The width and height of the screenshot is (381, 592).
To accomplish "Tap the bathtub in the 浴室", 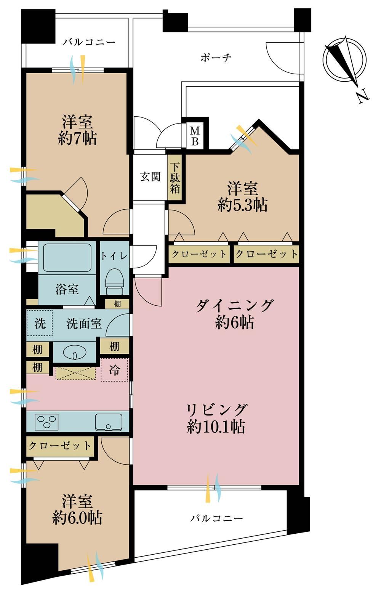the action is click(67, 257).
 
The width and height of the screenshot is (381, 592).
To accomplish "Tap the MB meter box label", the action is click(195, 136).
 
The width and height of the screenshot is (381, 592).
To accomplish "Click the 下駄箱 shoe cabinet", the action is click(174, 178).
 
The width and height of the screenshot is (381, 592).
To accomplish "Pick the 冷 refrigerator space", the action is click(114, 370).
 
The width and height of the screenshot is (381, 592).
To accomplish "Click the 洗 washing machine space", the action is click(40, 323).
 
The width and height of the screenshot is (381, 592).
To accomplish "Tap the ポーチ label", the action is click(216, 57).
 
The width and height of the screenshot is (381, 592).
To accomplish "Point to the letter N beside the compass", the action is click(363, 97).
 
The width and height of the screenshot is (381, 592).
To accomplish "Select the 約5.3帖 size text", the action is click(243, 205).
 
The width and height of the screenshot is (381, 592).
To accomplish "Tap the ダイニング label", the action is click(234, 305).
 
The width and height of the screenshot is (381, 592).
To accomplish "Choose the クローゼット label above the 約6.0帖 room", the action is click(60, 446).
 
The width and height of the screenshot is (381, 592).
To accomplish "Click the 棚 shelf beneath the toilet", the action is click(117, 304).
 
